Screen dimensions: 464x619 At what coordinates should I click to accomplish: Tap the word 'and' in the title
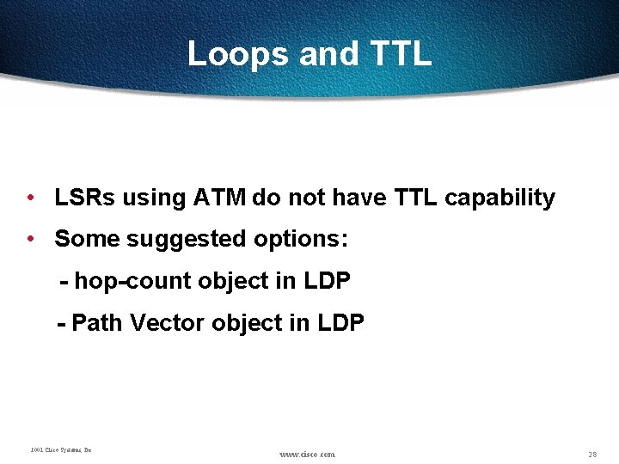tap(329, 54)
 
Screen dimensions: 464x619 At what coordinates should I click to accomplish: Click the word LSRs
tap(85, 198)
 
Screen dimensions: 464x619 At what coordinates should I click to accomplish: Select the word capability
tap(499, 198)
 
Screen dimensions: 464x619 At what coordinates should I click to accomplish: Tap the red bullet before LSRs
tap(30, 198)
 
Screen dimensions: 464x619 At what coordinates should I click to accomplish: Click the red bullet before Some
tap(30, 239)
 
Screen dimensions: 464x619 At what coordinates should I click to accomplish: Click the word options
tap(301, 239)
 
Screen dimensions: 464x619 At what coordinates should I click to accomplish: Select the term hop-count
tap(133, 281)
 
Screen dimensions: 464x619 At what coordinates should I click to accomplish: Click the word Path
tap(97, 323)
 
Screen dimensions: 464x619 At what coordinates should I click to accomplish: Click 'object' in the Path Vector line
tap(244, 323)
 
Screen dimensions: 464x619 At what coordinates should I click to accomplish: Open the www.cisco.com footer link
tap(308, 454)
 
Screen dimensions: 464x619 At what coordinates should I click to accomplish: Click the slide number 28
tap(592, 454)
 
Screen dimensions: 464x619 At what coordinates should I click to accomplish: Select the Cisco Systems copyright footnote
tap(61, 449)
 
